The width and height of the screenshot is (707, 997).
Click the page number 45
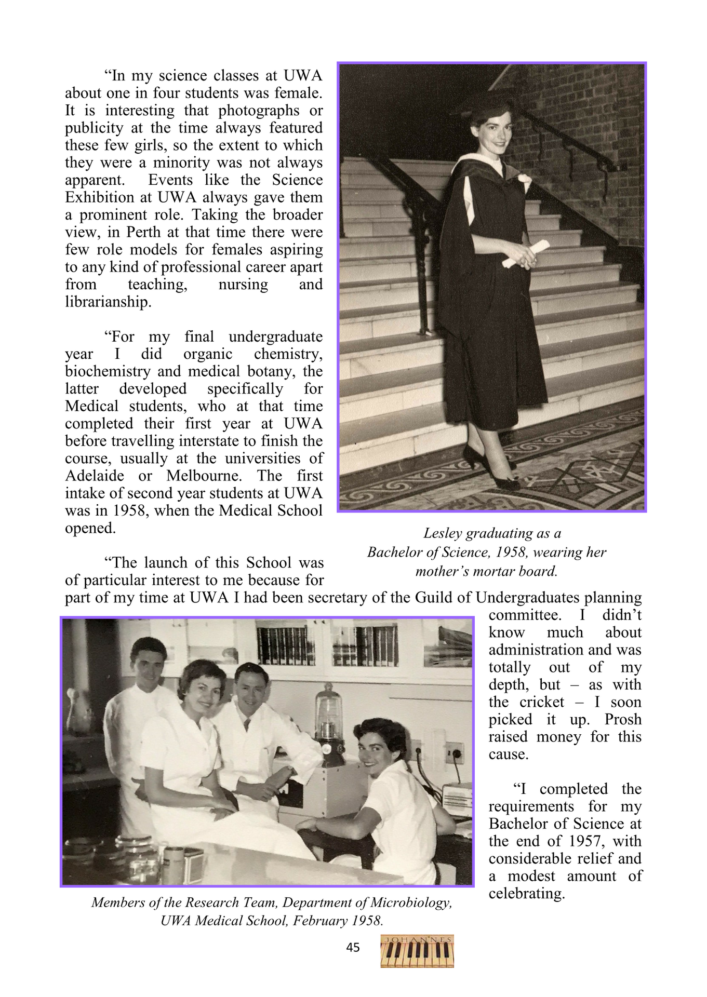tap(353, 948)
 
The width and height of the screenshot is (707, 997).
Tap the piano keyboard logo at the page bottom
tap(417, 951)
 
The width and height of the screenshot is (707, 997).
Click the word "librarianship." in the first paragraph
tap(108, 302)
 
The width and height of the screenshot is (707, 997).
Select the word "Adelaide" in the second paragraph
tap(95, 476)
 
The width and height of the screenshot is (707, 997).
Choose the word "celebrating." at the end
tap(526, 894)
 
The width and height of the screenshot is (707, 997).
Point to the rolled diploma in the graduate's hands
tap(526, 253)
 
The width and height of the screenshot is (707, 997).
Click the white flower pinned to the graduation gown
tap(524, 179)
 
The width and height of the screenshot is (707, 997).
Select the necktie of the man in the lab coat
tap(247, 725)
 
